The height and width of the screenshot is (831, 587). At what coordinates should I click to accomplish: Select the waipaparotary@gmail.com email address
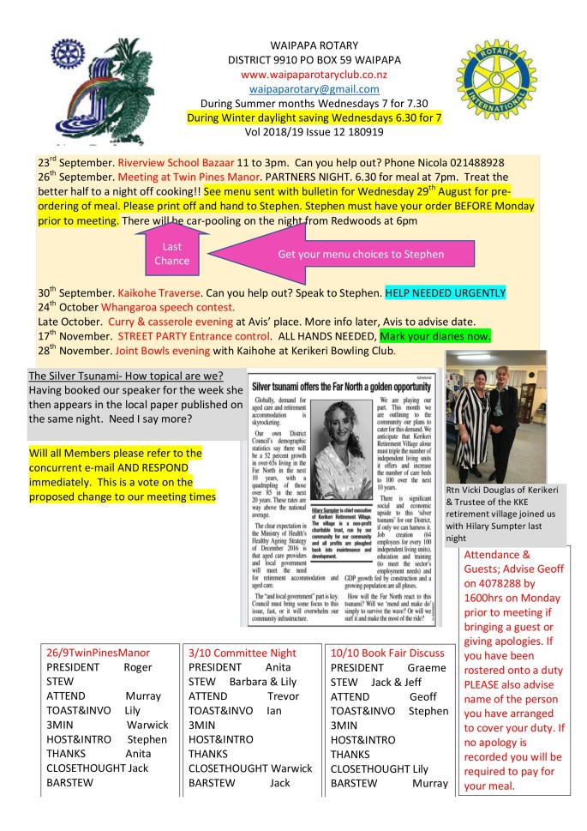click(314, 88)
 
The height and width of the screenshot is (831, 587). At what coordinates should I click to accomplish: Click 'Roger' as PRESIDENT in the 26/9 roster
click(138, 667)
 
